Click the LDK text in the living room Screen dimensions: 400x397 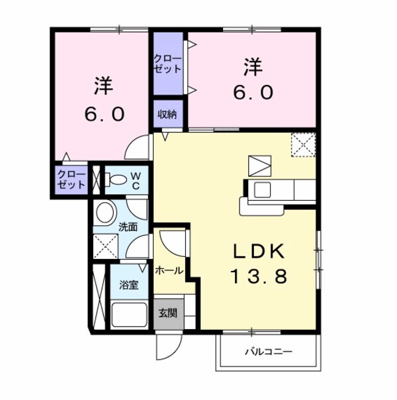point(259,252)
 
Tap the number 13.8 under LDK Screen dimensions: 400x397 point(259,276)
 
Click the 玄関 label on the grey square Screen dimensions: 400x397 point(167,313)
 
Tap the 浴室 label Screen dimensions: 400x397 point(128,285)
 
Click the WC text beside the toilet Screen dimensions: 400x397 point(135,180)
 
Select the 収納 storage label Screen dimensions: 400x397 point(167,113)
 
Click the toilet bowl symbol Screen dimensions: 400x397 point(118,179)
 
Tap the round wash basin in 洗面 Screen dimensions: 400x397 point(105,213)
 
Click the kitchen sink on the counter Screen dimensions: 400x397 point(261,191)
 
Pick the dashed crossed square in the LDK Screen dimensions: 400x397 point(304,145)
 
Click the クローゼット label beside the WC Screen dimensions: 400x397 point(70,179)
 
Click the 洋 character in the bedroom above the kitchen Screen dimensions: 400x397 point(253,67)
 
